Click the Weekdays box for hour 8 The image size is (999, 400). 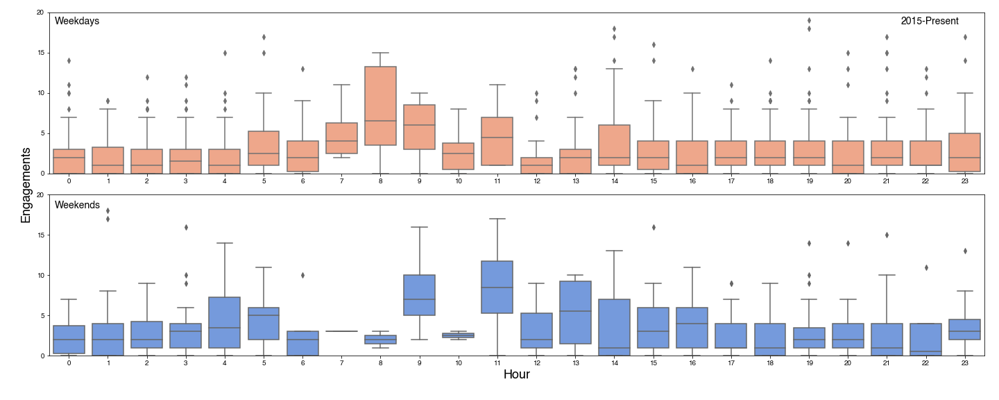[380, 106]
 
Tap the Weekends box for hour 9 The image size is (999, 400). [419, 295]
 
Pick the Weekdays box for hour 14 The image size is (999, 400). [613, 145]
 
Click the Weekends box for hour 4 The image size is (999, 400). [225, 322]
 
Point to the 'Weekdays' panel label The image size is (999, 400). [77, 21]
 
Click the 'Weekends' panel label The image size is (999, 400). [77, 206]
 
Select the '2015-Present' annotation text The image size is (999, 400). [930, 21]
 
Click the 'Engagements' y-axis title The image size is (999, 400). [26, 184]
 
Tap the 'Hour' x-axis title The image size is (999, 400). [516, 375]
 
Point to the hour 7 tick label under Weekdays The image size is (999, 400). [341, 181]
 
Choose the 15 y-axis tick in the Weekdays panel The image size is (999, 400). [40, 53]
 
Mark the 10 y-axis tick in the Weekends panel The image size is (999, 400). [40, 275]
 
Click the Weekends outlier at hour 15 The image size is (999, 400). [652, 227]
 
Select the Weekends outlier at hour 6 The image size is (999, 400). [302, 275]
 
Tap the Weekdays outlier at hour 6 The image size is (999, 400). [302, 69]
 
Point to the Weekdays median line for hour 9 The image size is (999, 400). [419, 125]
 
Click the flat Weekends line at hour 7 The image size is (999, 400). [341, 331]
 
